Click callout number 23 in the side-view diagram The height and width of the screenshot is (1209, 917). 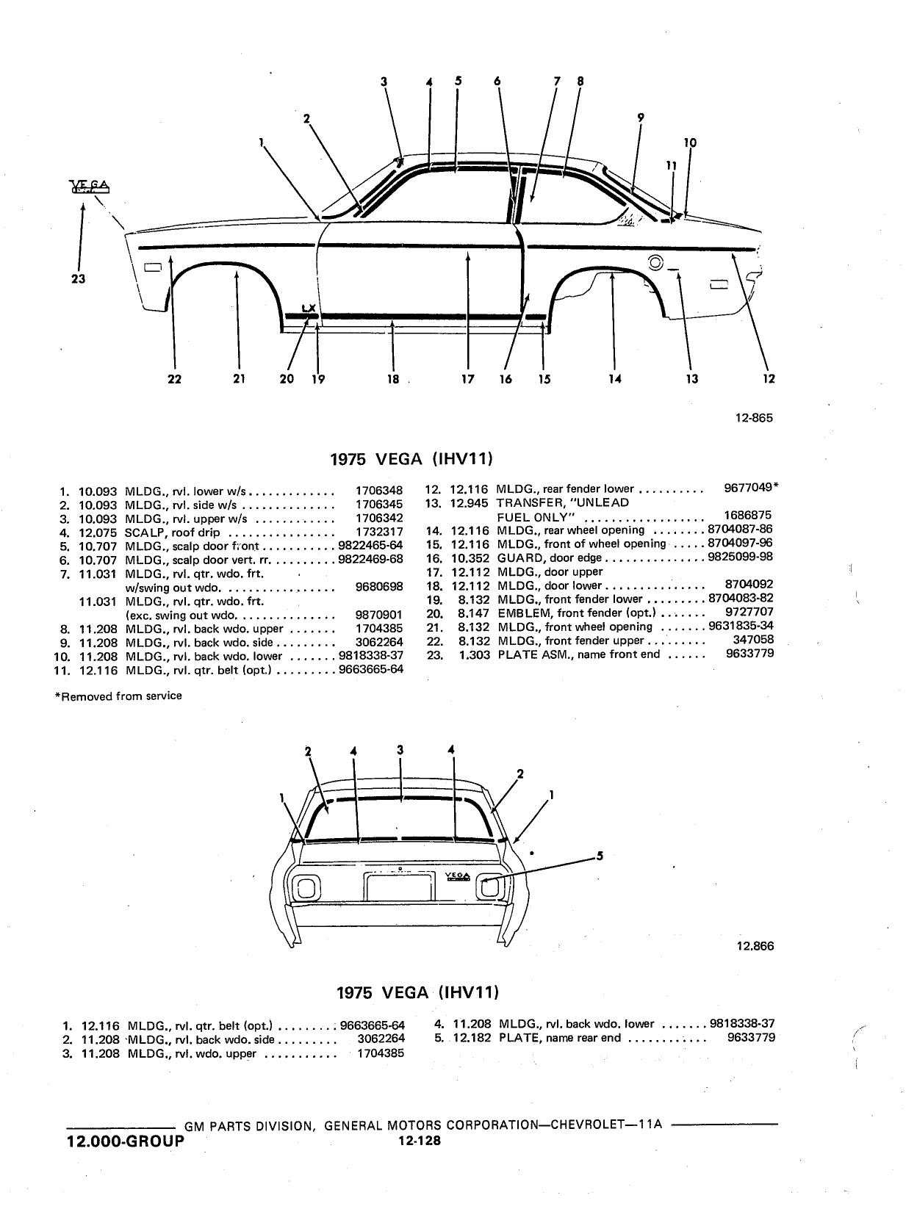78,278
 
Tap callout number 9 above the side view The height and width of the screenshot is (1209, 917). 641,118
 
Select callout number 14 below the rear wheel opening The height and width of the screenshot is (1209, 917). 614,379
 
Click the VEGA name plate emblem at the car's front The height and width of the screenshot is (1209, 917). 89,187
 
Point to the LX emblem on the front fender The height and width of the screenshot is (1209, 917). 309,308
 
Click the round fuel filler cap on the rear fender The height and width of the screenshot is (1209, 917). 655,263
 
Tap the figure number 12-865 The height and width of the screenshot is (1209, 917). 754,418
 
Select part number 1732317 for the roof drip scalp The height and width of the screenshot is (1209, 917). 379,532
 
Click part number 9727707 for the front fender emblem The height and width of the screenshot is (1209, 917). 749,612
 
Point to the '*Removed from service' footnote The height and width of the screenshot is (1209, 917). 118,696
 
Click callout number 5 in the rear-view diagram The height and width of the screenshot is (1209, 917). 600,856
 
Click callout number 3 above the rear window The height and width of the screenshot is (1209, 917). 400,750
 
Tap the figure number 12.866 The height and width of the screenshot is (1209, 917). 755,946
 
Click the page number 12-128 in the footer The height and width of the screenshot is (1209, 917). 420,1141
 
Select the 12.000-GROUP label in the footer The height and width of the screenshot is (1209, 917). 126,1141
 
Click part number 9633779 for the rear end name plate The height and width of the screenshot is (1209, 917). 751,1038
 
